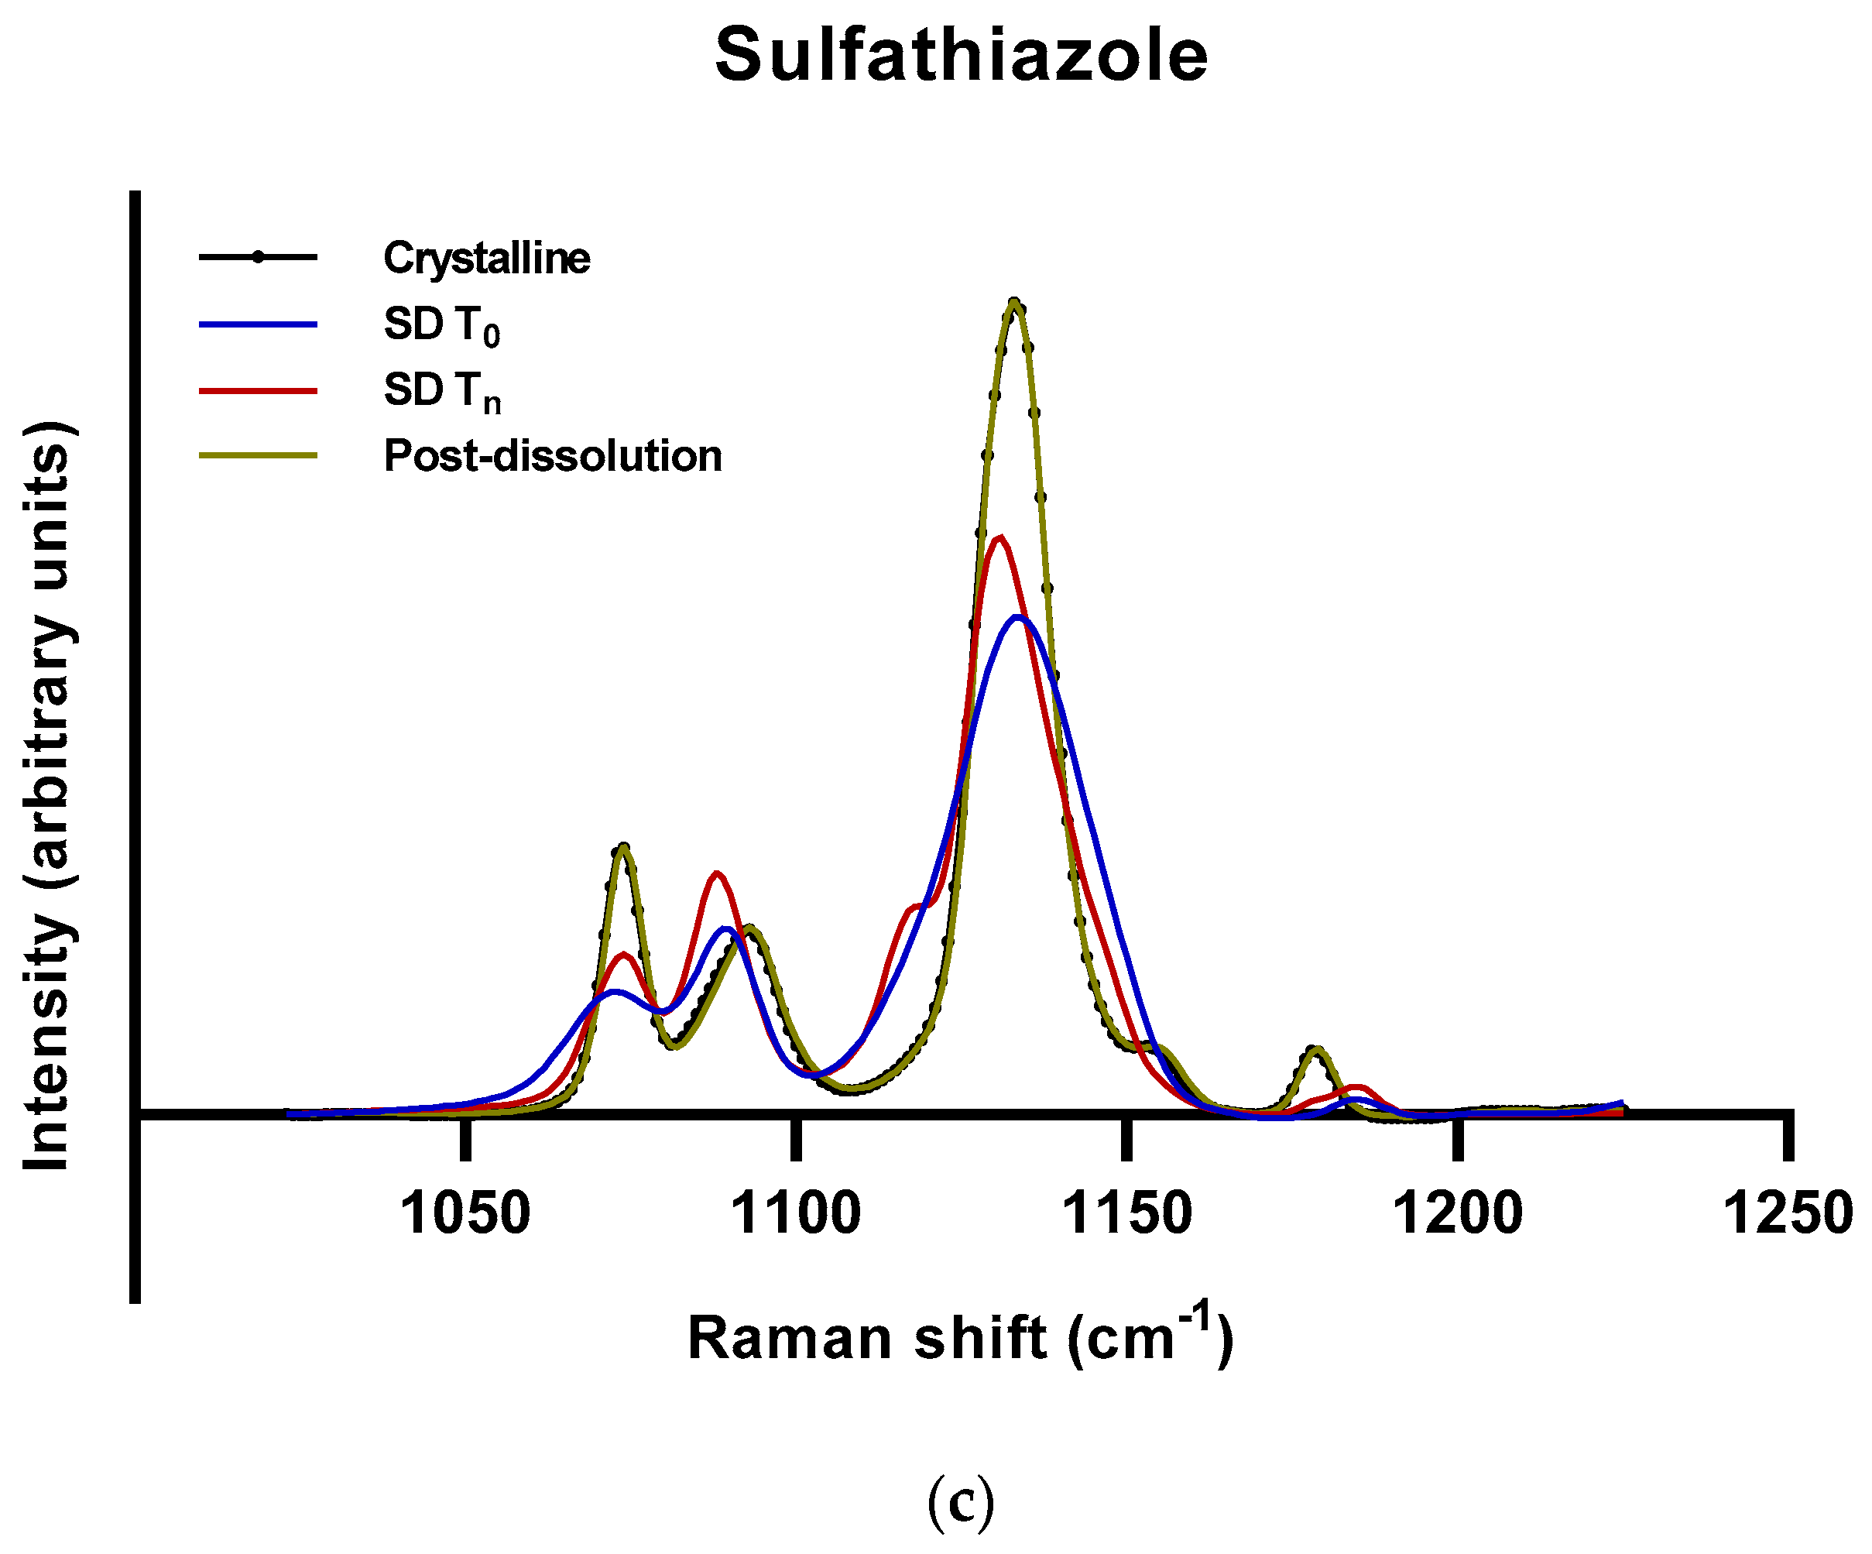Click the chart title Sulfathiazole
pyautogui.click(x=961, y=55)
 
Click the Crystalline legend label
pyautogui.click(x=487, y=259)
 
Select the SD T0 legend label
pyautogui.click(x=441, y=326)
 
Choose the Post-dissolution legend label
pyautogui.click(x=553, y=457)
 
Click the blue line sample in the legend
pyautogui.click(x=259, y=324)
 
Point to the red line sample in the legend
pyautogui.click(x=259, y=390)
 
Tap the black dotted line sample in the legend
pyautogui.click(x=259, y=258)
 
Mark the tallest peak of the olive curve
pyautogui.click(x=1013, y=301)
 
